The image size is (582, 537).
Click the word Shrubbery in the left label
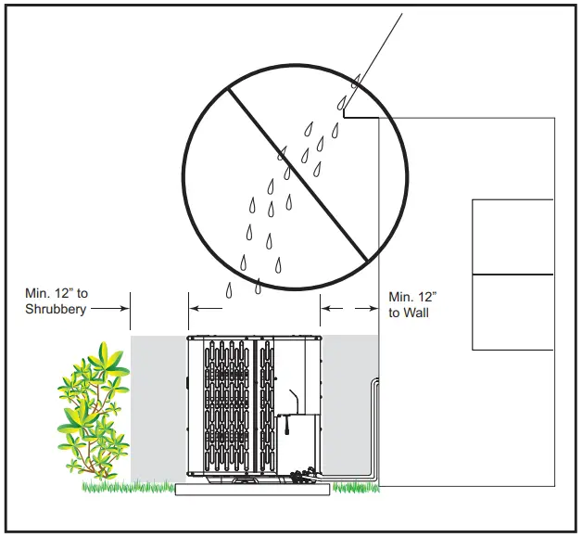[55, 309]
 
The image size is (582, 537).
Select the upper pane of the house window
[512, 237]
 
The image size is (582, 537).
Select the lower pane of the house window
[512, 312]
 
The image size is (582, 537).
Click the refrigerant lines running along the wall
[374, 427]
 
